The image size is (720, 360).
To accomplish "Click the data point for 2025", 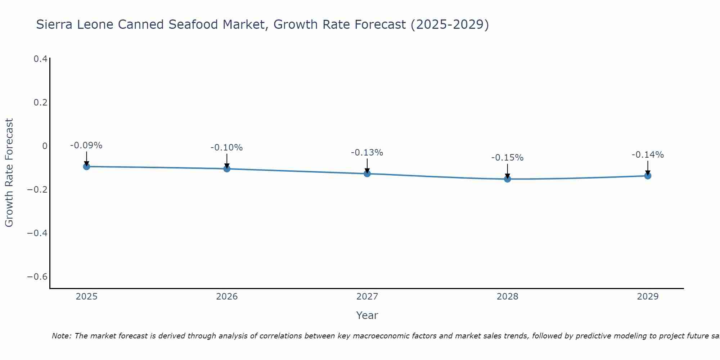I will pos(86,166).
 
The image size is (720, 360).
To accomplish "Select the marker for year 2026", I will pos(227,168).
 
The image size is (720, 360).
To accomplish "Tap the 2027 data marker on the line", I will pos(367,174).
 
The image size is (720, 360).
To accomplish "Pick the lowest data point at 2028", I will pos(507,179).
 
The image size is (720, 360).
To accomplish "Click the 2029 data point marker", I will pos(648,176).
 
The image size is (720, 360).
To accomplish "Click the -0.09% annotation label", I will pos(86,145).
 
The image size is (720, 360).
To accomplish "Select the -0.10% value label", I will pos(226,148).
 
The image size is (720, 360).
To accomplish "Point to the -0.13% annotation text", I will pos(367,153).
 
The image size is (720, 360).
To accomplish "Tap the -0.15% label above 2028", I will pos(507,158).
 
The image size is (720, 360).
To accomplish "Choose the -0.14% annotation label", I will pos(648,155).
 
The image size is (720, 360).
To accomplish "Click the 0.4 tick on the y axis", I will pos(40,59).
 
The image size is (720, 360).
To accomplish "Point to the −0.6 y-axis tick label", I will pos(37,277).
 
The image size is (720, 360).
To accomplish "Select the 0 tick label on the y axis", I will pos(45,146).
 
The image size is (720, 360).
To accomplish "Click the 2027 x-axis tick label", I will pos(367,297).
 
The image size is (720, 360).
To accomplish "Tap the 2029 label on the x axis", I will pos(648,297).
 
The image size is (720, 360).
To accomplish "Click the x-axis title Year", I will pos(367,315).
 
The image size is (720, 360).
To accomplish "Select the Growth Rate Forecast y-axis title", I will pos(9,173).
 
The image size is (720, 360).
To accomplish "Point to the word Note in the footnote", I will pos(61,336).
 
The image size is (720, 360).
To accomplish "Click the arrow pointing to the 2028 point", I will pos(507,171).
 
